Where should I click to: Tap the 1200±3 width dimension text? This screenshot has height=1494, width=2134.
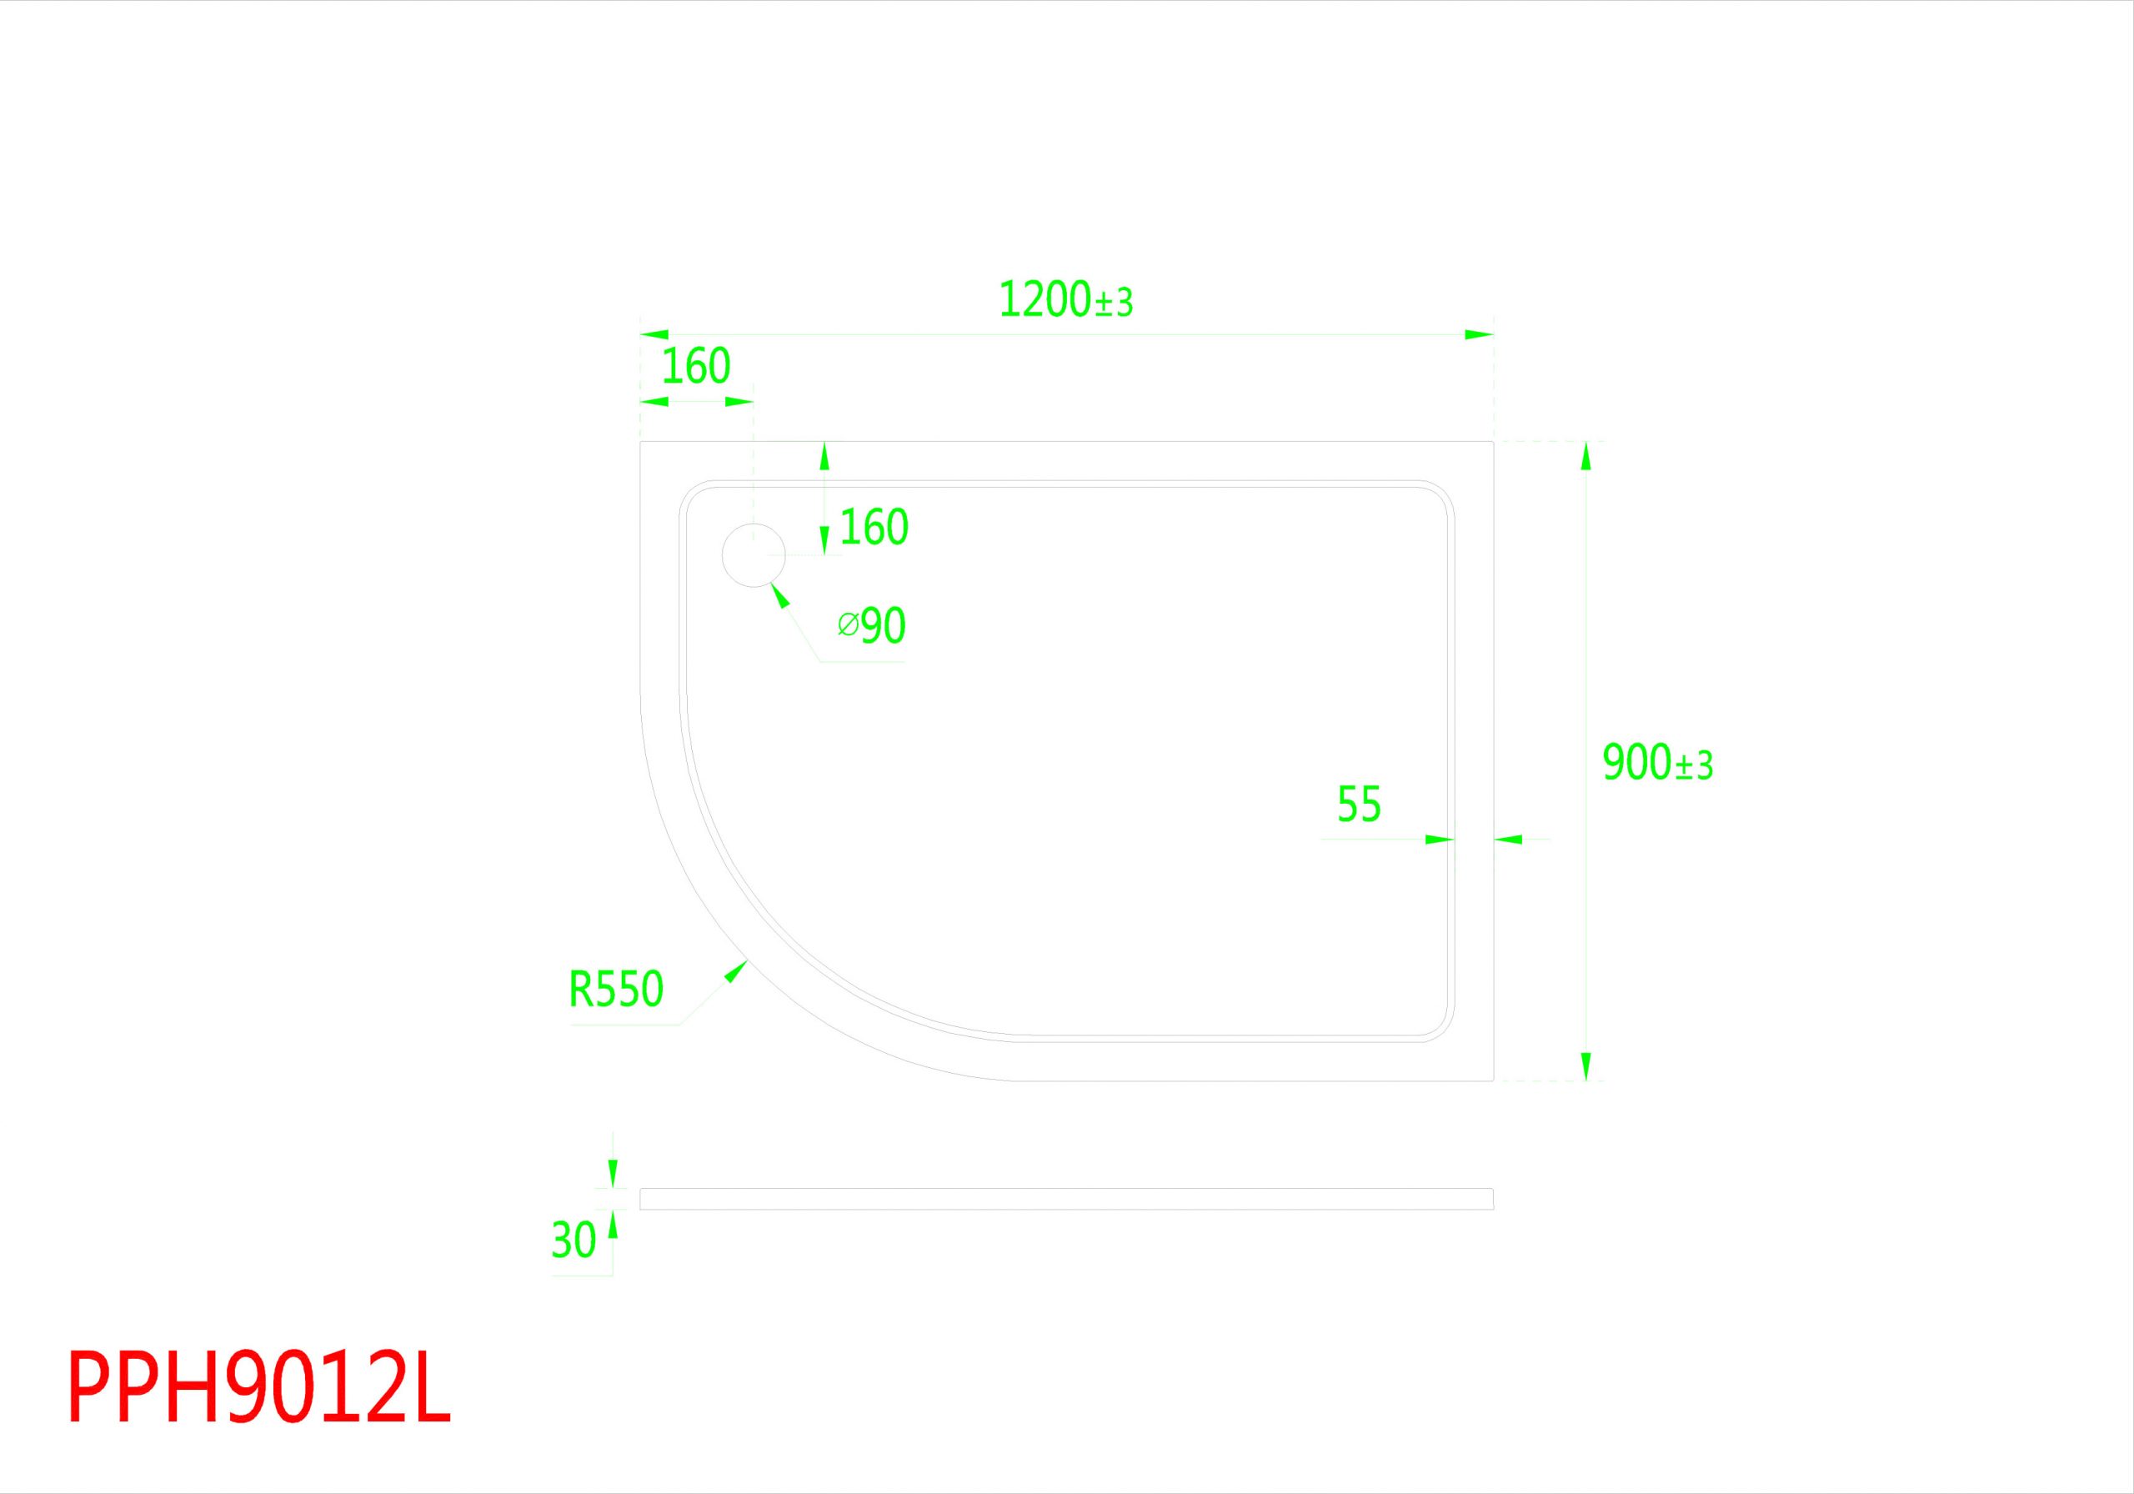1065,300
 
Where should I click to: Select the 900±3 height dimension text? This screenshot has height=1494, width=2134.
1657,764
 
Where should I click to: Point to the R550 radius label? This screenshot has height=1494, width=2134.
615,989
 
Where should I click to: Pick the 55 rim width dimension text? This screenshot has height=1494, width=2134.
1359,805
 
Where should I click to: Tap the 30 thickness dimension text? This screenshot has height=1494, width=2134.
574,1241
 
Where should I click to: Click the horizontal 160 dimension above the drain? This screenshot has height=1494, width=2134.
696,367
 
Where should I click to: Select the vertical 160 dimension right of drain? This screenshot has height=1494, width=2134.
874,528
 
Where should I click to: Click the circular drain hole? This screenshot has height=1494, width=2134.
754,555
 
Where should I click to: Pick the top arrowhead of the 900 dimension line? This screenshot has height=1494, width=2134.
1585,455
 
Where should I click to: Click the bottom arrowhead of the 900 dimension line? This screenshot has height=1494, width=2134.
1585,1066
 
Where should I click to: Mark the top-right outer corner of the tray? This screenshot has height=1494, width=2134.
1493,442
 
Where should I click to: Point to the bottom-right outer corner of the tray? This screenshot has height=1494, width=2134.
1493,1080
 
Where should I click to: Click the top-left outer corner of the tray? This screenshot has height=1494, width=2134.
641,442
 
